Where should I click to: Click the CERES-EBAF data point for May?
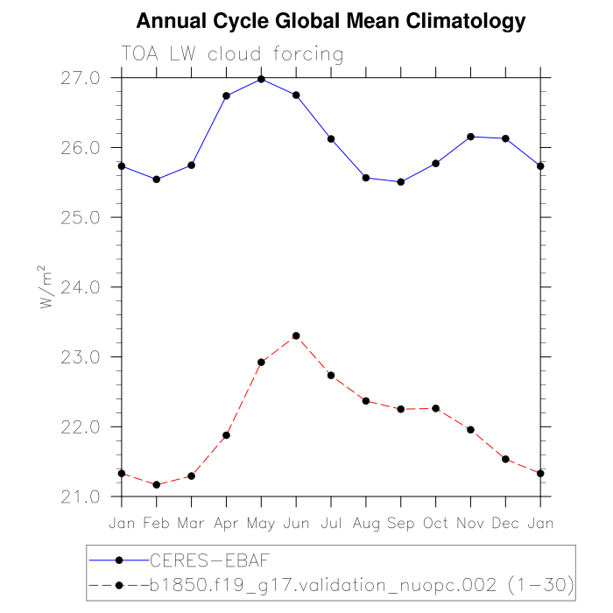click(x=261, y=79)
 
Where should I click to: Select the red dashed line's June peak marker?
click(x=296, y=335)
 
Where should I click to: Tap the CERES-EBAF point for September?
click(x=401, y=182)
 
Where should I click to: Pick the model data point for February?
click(x=157, y=484)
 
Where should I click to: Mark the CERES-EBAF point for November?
click(x=471, y=137)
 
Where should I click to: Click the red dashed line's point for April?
click(x=227, y=435)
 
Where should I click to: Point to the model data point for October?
click(x=436, y=408)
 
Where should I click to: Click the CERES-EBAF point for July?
click(x=331, y=138)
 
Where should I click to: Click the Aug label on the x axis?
click(x=366, y=523)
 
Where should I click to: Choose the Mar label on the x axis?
click(x=192, y=523)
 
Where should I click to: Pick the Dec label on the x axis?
click(x=505, y=523)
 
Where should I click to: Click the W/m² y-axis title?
click(x=45, y=287)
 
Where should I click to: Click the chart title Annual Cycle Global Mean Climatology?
click(x=332, y=21)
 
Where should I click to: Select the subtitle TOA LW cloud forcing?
click(x=232, y=54)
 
